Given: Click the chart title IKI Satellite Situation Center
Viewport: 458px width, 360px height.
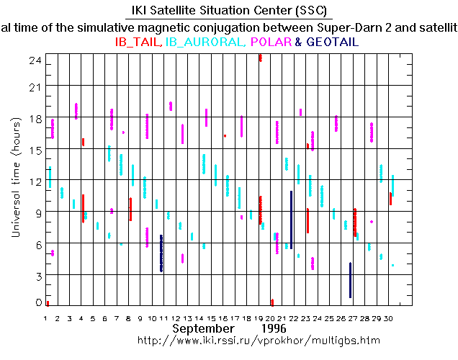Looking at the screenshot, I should [x=228, y=11].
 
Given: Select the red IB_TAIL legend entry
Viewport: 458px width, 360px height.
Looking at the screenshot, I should [x=138, y=42].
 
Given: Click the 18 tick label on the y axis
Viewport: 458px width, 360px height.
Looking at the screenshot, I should [x=34, y=118].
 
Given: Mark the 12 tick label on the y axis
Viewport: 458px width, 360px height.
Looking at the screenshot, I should [x=34, y=181].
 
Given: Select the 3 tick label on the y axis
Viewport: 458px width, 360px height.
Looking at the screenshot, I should [x=37, y=275].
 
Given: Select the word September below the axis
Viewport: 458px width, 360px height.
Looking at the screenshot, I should [x=203, y=328].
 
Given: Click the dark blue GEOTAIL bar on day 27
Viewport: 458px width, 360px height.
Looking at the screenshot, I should [x=350, y=280].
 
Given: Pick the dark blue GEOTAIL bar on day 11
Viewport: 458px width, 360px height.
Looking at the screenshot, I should [x=161, y=253].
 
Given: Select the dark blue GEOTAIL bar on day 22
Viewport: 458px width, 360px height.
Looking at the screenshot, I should [x=291, y=220].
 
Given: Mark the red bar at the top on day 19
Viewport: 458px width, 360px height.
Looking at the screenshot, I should [x=260, y=58].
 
